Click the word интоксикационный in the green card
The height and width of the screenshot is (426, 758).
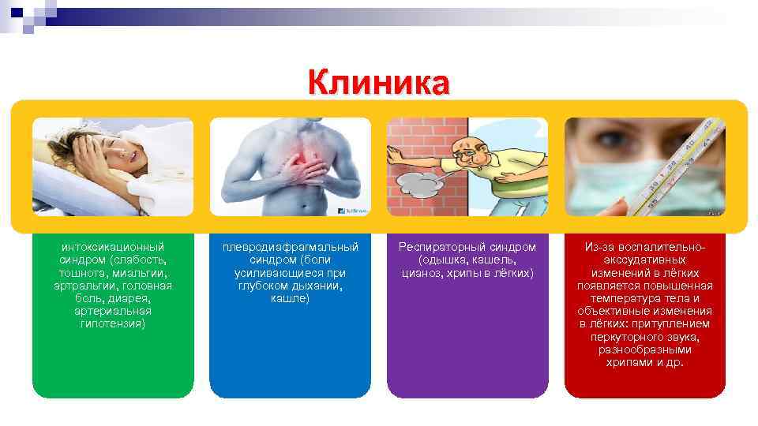112,247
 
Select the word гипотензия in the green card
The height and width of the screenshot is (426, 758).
112,324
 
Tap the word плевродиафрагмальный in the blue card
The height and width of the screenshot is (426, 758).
290,247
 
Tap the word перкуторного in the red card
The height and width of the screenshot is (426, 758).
629,337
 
